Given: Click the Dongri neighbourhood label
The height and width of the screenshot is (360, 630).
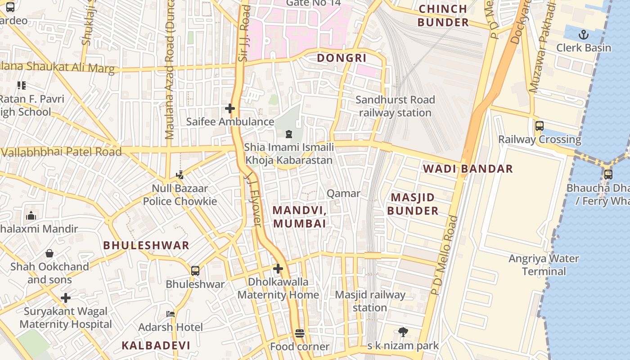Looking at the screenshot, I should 342,58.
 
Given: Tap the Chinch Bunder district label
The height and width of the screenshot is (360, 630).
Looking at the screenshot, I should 443,16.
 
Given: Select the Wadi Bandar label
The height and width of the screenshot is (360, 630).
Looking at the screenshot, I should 468,169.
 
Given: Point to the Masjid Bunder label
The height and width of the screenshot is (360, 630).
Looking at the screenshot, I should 413,204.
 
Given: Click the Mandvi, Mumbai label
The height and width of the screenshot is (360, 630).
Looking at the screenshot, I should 299,216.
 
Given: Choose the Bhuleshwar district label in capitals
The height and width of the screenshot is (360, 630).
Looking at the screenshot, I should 146,246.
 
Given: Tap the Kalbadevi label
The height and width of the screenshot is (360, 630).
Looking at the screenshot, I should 156,346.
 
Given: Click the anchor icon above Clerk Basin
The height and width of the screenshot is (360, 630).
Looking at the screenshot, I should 584,35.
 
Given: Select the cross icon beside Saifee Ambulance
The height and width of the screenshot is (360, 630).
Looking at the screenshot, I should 230,108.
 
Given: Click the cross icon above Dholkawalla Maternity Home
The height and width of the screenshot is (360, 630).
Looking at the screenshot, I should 278,269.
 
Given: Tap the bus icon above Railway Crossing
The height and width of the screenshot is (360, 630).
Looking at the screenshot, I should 540,126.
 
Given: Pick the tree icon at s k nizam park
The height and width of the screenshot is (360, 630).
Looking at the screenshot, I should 403,333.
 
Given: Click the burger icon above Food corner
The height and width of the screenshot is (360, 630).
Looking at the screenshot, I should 300,333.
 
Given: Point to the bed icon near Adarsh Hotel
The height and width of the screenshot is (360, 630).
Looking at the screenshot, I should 171,314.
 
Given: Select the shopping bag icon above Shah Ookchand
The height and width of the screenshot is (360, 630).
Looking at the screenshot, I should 49,253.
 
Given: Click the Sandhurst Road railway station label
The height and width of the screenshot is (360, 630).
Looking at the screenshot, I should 395,106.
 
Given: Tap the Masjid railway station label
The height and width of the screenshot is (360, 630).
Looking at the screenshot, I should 370,301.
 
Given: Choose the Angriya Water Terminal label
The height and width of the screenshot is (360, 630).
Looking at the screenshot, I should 544,265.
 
